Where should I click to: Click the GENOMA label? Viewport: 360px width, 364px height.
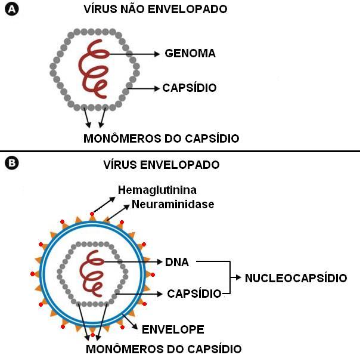click(190, 54)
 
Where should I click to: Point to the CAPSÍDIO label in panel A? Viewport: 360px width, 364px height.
click(189, 88)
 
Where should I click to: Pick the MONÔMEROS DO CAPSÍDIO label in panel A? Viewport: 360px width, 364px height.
click(162, 138)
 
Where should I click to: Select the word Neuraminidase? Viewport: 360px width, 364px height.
click(173, 204)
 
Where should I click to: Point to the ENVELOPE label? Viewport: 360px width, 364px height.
click(173, 329)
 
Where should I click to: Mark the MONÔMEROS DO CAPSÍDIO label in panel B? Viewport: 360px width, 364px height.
click(164, 348)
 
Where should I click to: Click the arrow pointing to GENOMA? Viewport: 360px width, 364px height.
click(134, 54)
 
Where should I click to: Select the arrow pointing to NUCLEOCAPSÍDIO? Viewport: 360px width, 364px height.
click(235, 277)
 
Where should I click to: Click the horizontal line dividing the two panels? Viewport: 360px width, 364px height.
click(180, 151)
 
